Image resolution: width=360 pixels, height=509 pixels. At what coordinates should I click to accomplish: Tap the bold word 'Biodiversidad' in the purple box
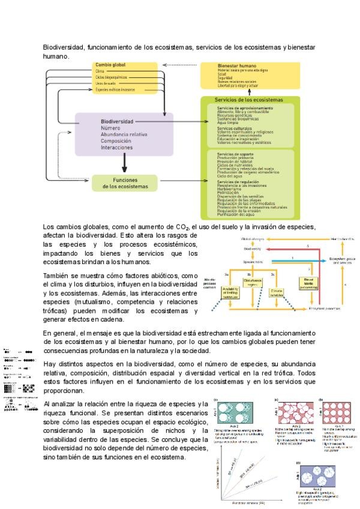coord(117,121)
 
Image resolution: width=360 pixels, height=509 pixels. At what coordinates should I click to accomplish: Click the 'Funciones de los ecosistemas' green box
coord(124,183)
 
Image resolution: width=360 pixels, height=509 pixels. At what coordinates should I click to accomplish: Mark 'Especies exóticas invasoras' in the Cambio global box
coord(116,89)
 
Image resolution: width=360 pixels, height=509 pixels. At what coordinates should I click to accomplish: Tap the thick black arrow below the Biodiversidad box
coord(124,163)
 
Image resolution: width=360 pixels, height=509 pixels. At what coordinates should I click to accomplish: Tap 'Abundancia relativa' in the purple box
coord(124,134)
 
